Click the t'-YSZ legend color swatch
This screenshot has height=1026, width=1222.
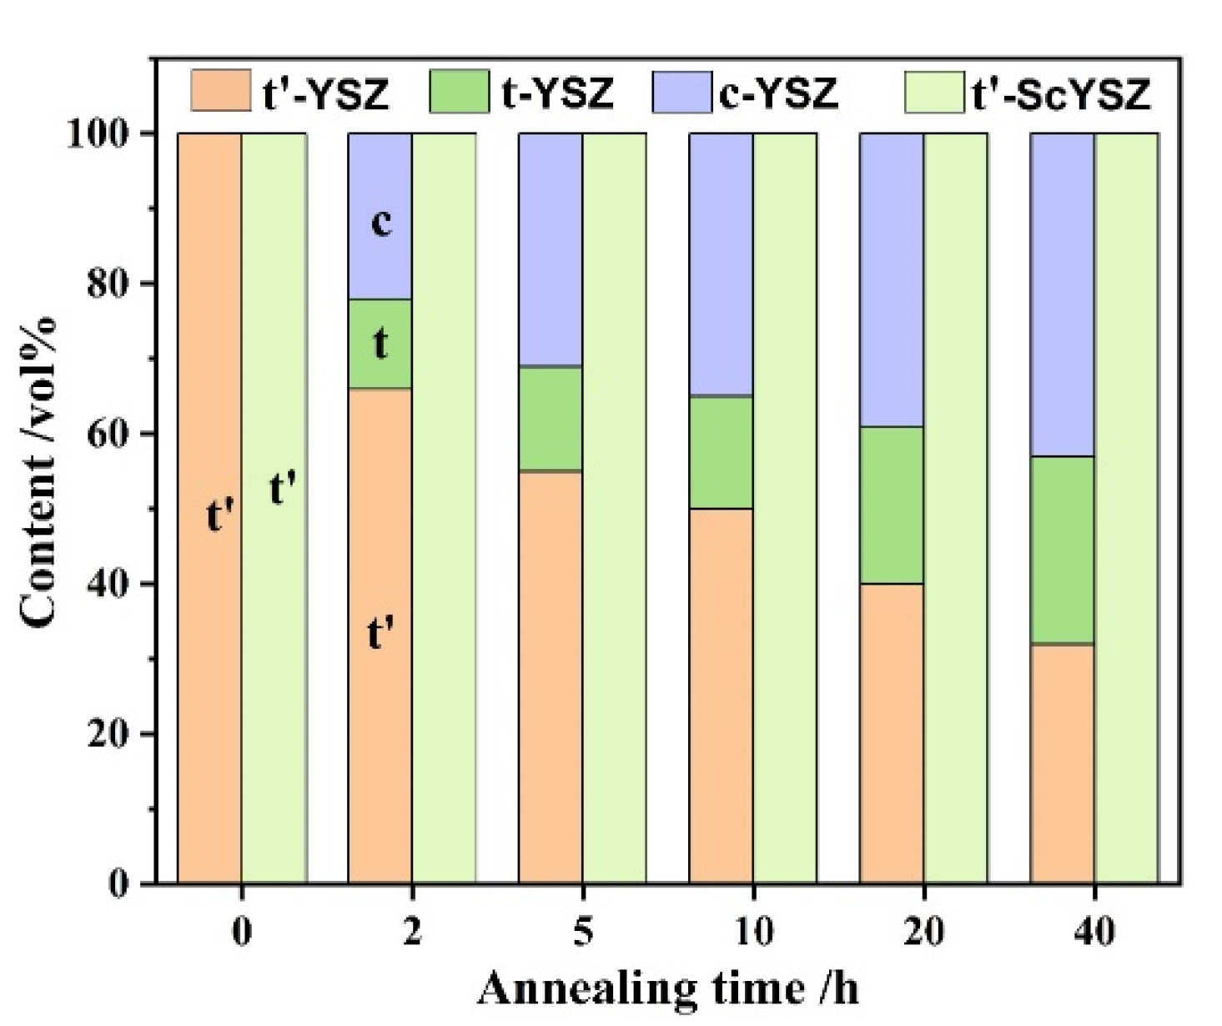[x=220, y=91]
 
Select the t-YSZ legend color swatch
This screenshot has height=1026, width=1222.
[x=459, y=91]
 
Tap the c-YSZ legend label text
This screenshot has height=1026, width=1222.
[x=777, y=93]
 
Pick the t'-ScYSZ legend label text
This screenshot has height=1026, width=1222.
[x=1061, y=93]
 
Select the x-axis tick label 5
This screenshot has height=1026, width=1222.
[x=583, y=931]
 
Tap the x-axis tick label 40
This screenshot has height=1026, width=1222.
[x=1094, y=931]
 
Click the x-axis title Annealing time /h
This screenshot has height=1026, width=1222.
[x=667, y=989]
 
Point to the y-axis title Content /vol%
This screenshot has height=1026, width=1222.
[x=39, y=471]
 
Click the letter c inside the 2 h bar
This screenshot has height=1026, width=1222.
[x=380, y=222]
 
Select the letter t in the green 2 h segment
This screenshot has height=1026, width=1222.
[x=380, y=343]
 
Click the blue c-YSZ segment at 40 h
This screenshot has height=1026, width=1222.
[x=1062, y=294]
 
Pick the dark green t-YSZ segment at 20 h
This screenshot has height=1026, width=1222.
[x=891, y=505]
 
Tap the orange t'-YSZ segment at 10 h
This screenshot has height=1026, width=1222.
[x=721, y=695]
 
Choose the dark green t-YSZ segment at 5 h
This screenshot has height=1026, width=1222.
[x=551, y=418]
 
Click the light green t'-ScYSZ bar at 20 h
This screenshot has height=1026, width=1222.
[x=955, y=507]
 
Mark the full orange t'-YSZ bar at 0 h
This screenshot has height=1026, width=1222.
[x=209, y=507]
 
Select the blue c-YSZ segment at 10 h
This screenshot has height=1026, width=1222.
[x=721, y=264]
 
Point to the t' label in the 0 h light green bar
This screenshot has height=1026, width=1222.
[x=283, y=488]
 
